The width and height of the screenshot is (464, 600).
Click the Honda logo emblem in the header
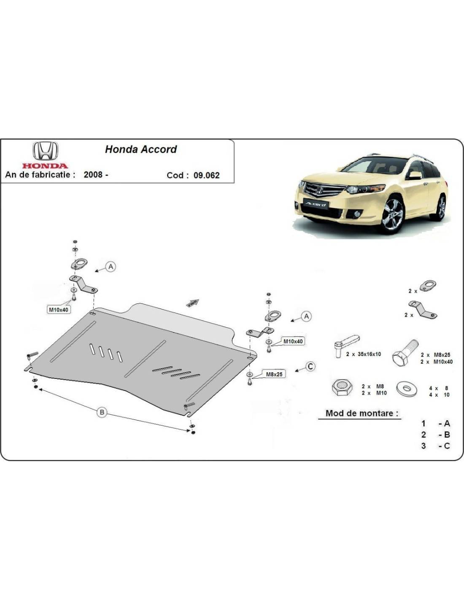(x=46, y=151)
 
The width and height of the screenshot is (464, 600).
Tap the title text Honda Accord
(x=141, y=149)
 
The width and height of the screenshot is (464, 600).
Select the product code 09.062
(x=206, y=176)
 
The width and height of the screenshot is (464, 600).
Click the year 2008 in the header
(x=93, y=175)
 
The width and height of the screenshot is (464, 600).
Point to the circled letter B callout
(x=102, y=412)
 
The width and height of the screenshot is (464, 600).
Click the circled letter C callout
(x=310, y=366)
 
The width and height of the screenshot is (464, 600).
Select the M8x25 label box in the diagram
(x=274, y=374)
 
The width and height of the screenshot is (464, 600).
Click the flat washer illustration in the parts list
(x=407, y=389)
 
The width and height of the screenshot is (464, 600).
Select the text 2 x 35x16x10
(x=364, y=354)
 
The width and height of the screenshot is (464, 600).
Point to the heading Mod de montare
(x=362, y=414)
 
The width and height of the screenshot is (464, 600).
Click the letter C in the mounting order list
(x=447, y=446)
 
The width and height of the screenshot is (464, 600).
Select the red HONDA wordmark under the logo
(x=45, y=166)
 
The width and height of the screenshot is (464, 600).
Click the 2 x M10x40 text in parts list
(x=437, y=362)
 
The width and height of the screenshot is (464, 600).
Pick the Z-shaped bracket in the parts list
(x=423, y=311)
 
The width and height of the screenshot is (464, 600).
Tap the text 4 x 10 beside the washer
(x=440, y=395)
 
